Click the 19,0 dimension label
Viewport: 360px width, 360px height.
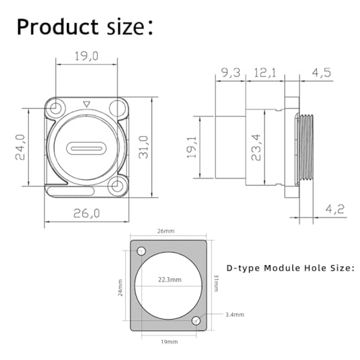click(x=86, y=56)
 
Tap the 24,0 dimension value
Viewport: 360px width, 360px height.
click(x=20, y=147)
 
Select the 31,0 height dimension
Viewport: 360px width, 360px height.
click(x=144, y=147)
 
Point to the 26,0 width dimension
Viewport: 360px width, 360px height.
click(x=86, y=213)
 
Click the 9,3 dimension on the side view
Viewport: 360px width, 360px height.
click(x=230, y=73)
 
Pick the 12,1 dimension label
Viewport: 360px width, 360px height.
click(x=265, y=73)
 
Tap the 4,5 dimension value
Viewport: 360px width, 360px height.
click(x=321, y=73)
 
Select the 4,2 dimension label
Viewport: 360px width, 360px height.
click(x=335, y=209)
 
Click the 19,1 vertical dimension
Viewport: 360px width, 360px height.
click(x=192, y=147)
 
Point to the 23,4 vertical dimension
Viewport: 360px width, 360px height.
click(x=256, y=147)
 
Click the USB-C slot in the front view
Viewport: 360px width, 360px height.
click(x=86, y=148)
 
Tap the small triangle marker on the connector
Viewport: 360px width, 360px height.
click(x=86, y=104)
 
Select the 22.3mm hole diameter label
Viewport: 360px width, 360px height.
click(x=170, y=279)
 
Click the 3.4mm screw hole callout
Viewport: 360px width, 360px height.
click(x=235, y=315)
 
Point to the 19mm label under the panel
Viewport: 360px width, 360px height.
click(x=169, y=342)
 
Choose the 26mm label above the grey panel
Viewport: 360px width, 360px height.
click(x=166, y=231)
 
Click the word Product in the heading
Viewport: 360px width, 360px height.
click(x=58, y=27)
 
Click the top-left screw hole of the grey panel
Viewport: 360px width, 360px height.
click(x=141, y=251)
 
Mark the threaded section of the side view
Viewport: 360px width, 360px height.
click(x=306, y=148)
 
